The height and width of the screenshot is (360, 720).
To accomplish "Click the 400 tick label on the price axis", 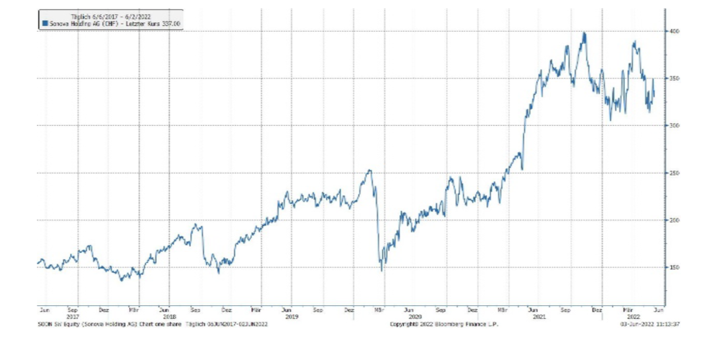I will point(672,32).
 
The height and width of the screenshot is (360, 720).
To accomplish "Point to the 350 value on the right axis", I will point(672,78).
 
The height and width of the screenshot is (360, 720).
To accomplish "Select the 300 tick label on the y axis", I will point(672,126).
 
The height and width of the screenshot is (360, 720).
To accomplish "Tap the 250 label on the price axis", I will point(672,173).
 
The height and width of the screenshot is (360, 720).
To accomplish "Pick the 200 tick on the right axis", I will point(672,220).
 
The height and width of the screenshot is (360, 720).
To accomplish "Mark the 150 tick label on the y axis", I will point(672,267).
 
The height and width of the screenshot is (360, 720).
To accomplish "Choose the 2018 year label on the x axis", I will point(168,316).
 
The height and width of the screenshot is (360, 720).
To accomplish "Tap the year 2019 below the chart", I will point(291,316).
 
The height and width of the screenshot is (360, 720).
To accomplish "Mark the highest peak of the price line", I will point(584,32).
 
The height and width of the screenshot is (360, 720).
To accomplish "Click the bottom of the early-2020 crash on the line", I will point(382,271).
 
